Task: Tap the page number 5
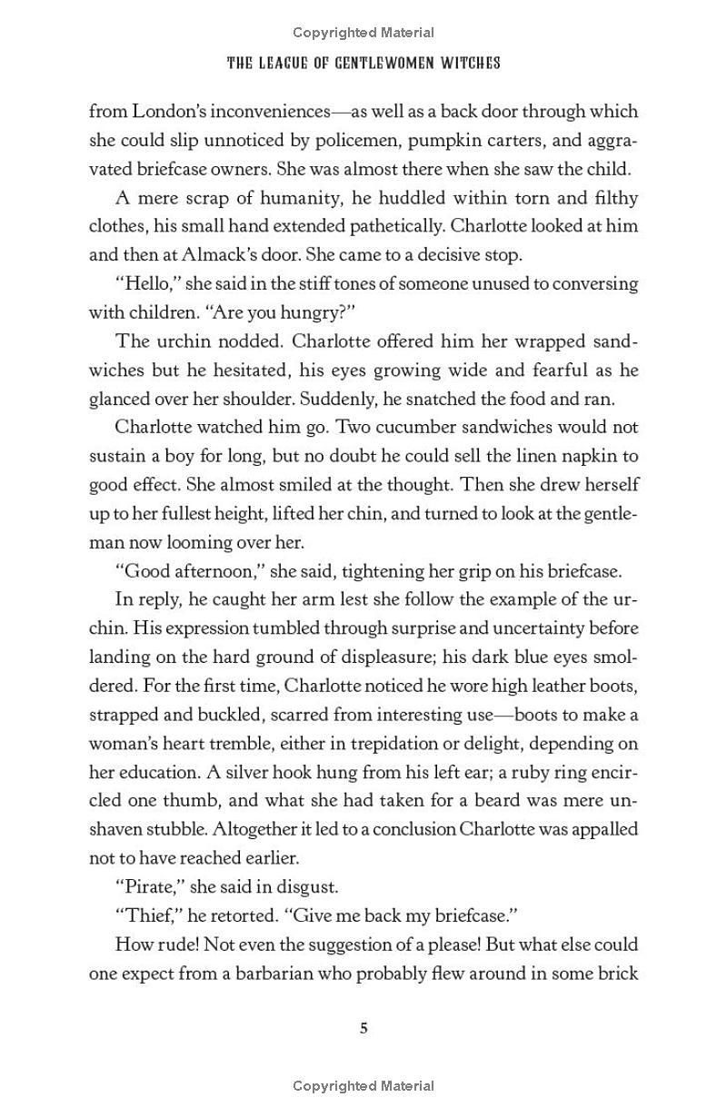coord(363,1028)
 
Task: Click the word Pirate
coord(149,886)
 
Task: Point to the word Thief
coord(146,914)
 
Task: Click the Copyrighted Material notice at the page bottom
coord(363,1085)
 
